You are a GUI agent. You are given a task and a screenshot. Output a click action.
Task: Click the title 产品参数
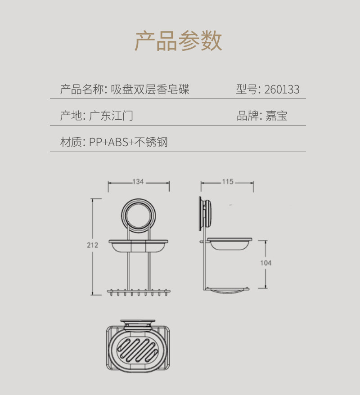click(x=179, y=41)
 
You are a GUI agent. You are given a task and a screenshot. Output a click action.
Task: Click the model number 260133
click(x=282, y=90)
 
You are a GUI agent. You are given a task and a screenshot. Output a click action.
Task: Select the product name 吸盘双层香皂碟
click(x=150, y=90)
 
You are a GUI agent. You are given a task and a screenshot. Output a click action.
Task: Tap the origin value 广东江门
click(x=111, y=116)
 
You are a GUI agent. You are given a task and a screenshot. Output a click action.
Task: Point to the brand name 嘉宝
click(x=276, y=116)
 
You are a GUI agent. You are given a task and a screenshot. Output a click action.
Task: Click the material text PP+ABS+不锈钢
click(x=128, y=142)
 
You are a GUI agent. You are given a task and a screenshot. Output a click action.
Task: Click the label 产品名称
click(x=82, y=90)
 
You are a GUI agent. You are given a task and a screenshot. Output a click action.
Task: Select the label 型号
click(x=246, y=90)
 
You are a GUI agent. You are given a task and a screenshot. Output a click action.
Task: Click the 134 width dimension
click(x=138, y=182)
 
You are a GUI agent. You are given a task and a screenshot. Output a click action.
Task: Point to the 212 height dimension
click(x=92, y=245)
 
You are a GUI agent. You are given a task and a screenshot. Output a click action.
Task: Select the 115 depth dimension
click(x=228, y=182)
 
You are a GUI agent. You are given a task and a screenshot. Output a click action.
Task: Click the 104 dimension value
click(x=266, y=263)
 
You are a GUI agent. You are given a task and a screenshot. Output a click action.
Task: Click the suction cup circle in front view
click(x=138, y=214)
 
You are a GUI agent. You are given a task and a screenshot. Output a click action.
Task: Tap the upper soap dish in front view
click(x=138, y=246)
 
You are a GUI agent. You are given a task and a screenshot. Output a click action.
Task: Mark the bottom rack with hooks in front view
click(x=139, y=292)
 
